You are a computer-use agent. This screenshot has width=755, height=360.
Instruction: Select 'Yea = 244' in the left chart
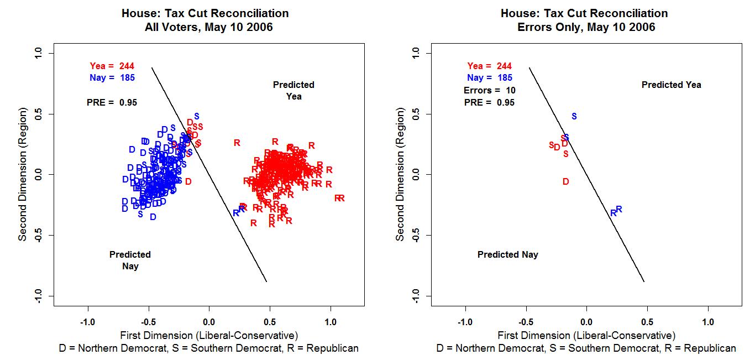[112, 66]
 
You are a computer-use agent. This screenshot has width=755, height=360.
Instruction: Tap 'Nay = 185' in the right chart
[490, 78]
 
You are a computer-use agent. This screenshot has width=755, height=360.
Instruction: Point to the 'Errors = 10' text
[490, 90]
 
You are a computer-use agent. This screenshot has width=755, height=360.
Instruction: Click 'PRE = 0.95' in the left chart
[112, 102]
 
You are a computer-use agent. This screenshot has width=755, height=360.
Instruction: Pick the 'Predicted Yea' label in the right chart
[671, 85]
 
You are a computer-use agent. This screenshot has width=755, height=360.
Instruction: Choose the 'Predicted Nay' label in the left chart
[130, 260]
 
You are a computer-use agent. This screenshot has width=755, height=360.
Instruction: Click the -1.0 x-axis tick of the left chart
[87, 322]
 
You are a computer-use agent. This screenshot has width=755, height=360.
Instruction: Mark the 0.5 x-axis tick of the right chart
[647, 322]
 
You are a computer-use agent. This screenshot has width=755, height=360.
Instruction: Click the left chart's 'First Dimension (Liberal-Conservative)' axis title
[209, 335]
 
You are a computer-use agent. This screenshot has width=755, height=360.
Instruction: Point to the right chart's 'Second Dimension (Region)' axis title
[400, 175]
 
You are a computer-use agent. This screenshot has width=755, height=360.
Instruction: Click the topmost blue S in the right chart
[574, 116]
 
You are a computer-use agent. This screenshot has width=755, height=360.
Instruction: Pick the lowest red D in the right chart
[565, 181]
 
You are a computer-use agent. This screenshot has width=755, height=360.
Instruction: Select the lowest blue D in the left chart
[153, 217]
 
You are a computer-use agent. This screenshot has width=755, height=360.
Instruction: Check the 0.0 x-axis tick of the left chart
[209, 322]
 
